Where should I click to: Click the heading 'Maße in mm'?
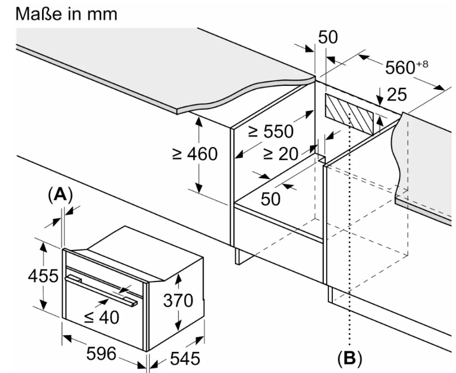click(x=67, y=13)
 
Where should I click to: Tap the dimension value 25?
click(x=396, y=95)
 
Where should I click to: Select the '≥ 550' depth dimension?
click(x=271, y=131)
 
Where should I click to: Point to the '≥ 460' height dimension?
click(x=195, y=154)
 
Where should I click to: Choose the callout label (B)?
click(x=349, y=357)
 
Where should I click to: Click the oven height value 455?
click(x=43, y=275)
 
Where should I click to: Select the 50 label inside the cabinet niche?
click(x=271, y=198)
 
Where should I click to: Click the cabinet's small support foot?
click(x=242, y=255)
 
